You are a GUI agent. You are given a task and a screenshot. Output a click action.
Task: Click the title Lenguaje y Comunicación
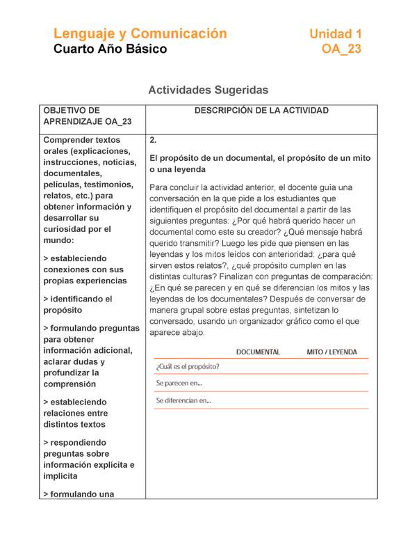(x=140, y=33)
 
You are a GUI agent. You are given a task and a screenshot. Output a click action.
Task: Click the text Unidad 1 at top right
(x=335, y=34)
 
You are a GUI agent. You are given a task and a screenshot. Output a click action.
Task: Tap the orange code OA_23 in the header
(x=341, y=49)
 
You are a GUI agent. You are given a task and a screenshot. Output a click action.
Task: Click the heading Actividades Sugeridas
(x=208, y=91)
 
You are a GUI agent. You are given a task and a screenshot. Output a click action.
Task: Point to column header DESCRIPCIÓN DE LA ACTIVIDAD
(x=261, y=111)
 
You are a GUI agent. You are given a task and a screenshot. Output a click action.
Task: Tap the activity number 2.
(x=153, y=140)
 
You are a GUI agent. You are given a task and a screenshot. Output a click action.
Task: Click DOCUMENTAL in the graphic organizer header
(x=258, y=352)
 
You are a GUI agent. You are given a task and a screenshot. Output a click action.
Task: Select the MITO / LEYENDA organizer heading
(x=332, y=352)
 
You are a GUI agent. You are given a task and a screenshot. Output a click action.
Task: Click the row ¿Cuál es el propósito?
(x=188, y=366)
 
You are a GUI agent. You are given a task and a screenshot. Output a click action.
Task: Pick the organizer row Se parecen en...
(x=179, y=384)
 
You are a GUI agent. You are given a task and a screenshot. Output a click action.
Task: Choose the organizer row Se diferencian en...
(x=183, y=401)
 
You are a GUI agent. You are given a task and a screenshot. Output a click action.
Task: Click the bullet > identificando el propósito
(x=77, y=304)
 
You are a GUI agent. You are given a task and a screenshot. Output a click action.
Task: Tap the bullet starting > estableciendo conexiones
(x=83, y=269)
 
